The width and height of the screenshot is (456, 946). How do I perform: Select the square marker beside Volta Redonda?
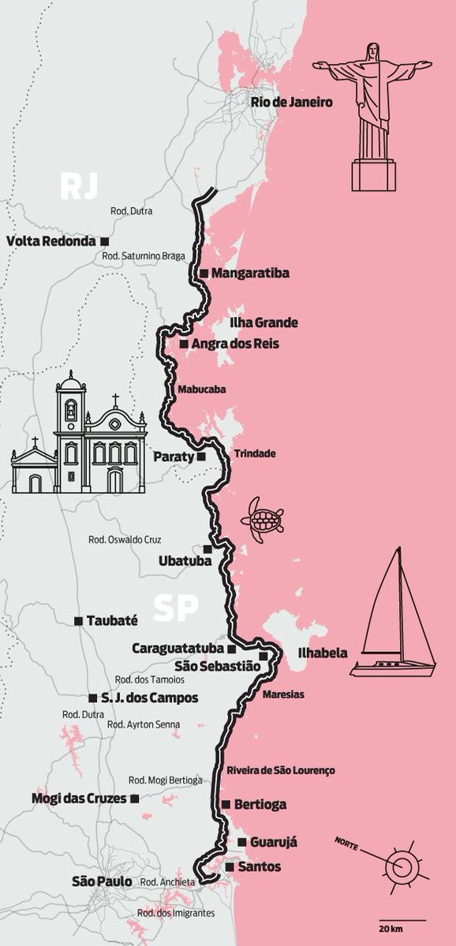coord(104,240)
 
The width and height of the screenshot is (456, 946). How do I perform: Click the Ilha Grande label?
coord(264,323)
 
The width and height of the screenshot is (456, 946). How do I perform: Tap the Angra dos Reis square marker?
coord(183,345)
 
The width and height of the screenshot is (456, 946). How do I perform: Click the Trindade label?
coord(255,454)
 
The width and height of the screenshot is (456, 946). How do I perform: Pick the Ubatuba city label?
coord(179,561)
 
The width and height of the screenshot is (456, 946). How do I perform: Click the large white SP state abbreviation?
coord(175,609)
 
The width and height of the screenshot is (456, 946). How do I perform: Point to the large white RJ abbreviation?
coord(80,187)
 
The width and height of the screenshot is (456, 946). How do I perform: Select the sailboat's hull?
coord(393,669)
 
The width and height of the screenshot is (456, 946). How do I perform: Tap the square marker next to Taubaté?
coord(78,621)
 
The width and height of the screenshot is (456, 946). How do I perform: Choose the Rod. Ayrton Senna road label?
coord(143,724)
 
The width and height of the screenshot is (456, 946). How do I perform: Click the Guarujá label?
coord(273,843)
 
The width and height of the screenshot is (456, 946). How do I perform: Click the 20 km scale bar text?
coord(391,925)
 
